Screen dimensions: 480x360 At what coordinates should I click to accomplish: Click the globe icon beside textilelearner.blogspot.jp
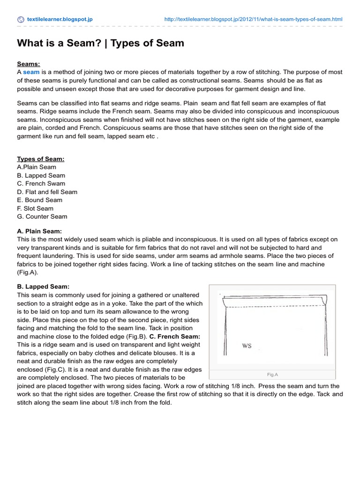21,19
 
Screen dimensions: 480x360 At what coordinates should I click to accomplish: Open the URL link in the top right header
254,19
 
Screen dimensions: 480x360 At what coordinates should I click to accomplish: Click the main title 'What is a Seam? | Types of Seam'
100,44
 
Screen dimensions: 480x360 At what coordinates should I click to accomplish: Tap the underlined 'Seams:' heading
28,64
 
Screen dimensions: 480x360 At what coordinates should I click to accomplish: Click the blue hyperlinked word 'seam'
31,72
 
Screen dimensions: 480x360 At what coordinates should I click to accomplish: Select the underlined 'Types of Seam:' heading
41,159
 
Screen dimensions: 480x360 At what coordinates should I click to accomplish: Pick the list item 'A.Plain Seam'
37,167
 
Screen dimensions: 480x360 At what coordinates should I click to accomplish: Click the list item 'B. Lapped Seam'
41,175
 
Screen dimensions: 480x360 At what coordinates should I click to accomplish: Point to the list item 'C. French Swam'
41,184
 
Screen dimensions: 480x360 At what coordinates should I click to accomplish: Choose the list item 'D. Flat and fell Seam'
47,192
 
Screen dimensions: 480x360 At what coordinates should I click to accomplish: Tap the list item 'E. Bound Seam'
39,200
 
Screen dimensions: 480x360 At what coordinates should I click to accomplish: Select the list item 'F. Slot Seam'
35,209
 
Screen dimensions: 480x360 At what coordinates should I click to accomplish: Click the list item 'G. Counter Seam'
42,217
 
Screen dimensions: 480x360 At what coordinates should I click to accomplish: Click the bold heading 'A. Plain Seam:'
39,231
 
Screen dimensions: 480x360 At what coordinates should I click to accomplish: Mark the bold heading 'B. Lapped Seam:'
43,286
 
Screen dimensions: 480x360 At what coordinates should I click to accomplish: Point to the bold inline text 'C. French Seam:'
175,336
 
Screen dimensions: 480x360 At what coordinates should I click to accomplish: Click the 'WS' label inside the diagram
247,346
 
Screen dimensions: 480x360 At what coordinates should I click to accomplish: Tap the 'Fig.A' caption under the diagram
272,375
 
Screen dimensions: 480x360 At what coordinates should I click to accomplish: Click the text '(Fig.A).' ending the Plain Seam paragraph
29,272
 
